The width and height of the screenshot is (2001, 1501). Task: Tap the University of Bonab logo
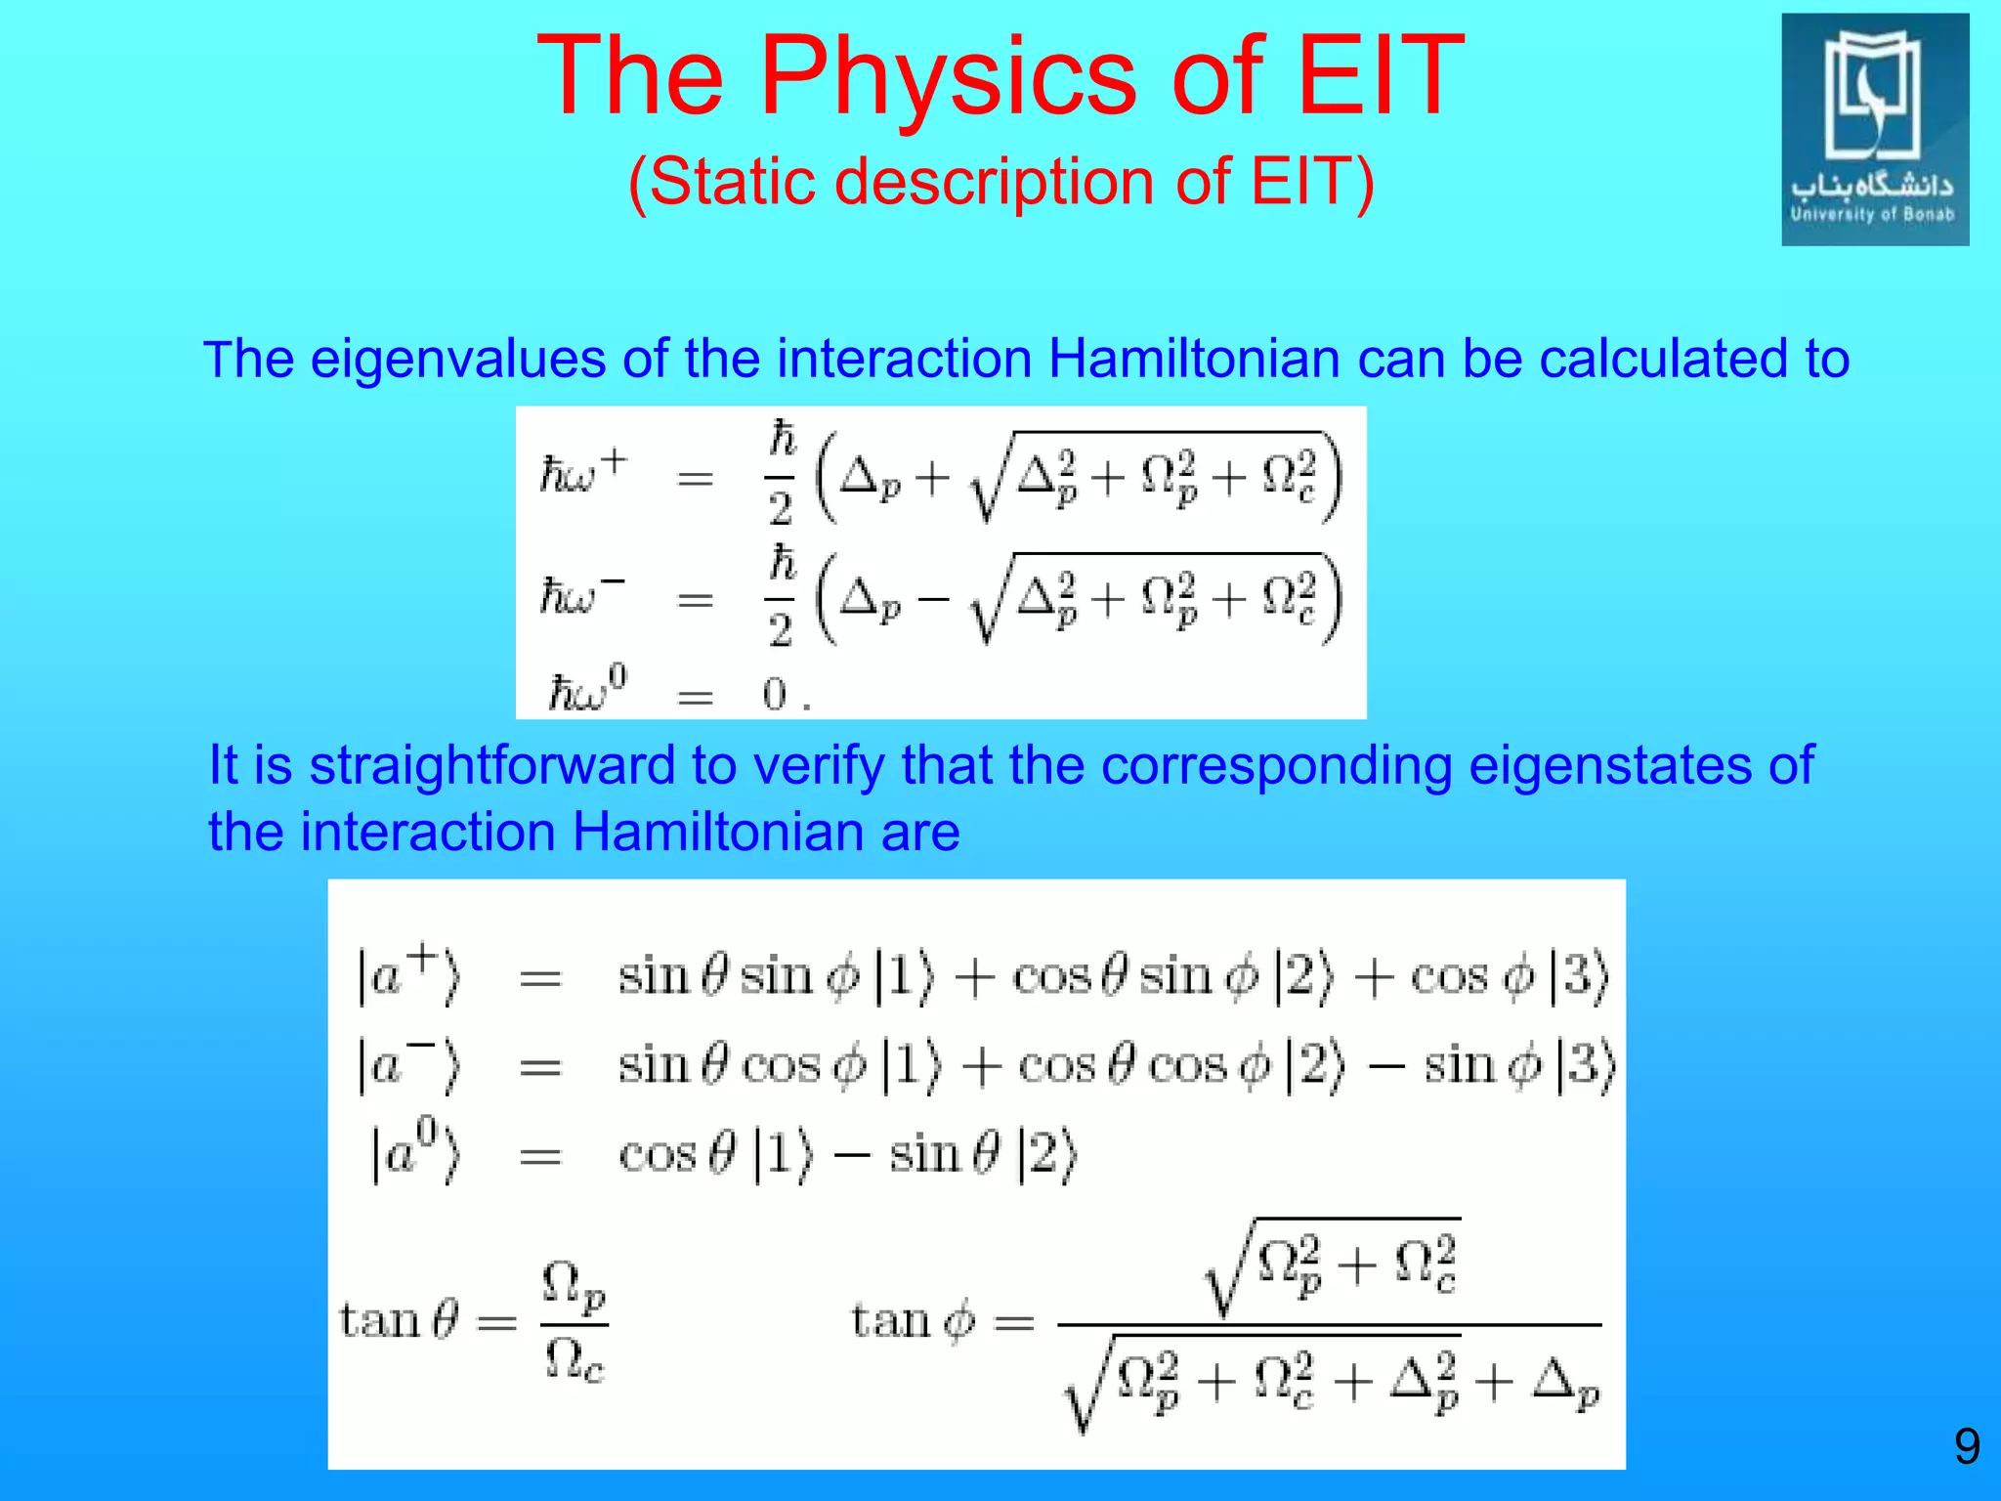[1874, 130]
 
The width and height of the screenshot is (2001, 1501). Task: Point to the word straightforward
[491, 765]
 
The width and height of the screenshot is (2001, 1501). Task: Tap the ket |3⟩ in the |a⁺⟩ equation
[1577, 975]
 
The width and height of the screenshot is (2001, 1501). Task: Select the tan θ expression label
[399, 1321]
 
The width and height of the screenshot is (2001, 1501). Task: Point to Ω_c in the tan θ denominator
[575, 1360]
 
